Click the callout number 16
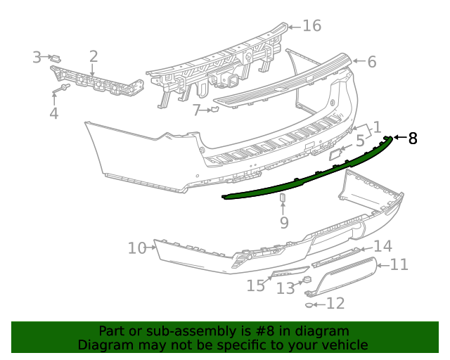tap(311, 26)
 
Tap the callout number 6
tap(371, 62)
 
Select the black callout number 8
tap(413, 138)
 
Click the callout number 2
tap(94, 57)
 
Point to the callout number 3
tap(37, 57)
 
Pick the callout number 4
tap(53, 113)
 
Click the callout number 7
tap(198, 110)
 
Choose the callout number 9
tap(284, 223)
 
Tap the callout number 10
tap(136, 248)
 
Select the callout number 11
tap(399, 264)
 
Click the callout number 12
tap(336, 304)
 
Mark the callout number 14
tap(382, 246)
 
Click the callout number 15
tap(256, 285)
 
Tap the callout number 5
tap(359, 141)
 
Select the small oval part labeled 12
tap(310, 304)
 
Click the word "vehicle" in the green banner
tap(342, 345)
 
